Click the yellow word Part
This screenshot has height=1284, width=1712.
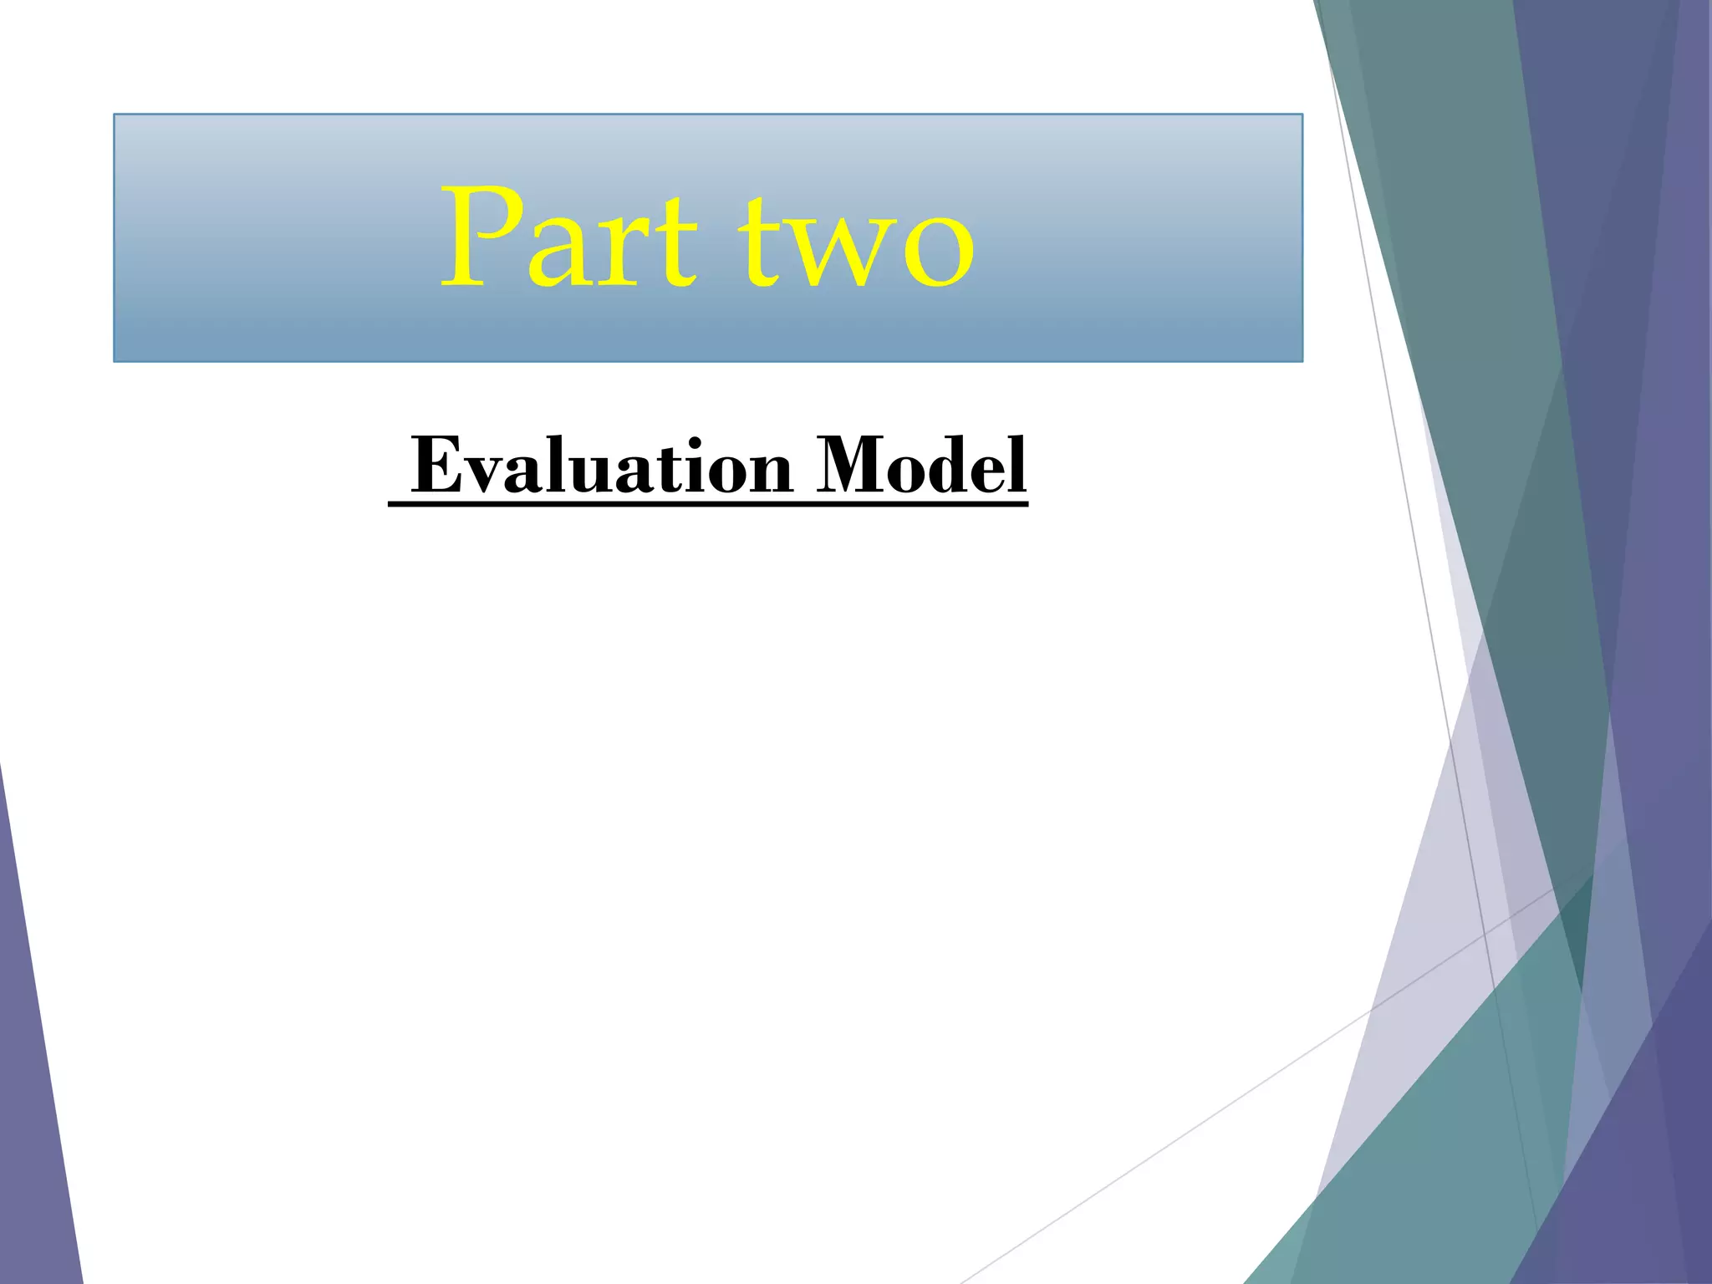pos(568,238)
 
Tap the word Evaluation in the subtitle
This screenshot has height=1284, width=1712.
pos(602,466)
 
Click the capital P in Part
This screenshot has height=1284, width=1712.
pos(474,237)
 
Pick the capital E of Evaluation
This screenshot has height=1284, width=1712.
pos(438,466)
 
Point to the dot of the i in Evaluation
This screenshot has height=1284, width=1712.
pos(688,441)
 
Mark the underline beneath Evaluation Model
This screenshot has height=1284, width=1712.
pos(707,504)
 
